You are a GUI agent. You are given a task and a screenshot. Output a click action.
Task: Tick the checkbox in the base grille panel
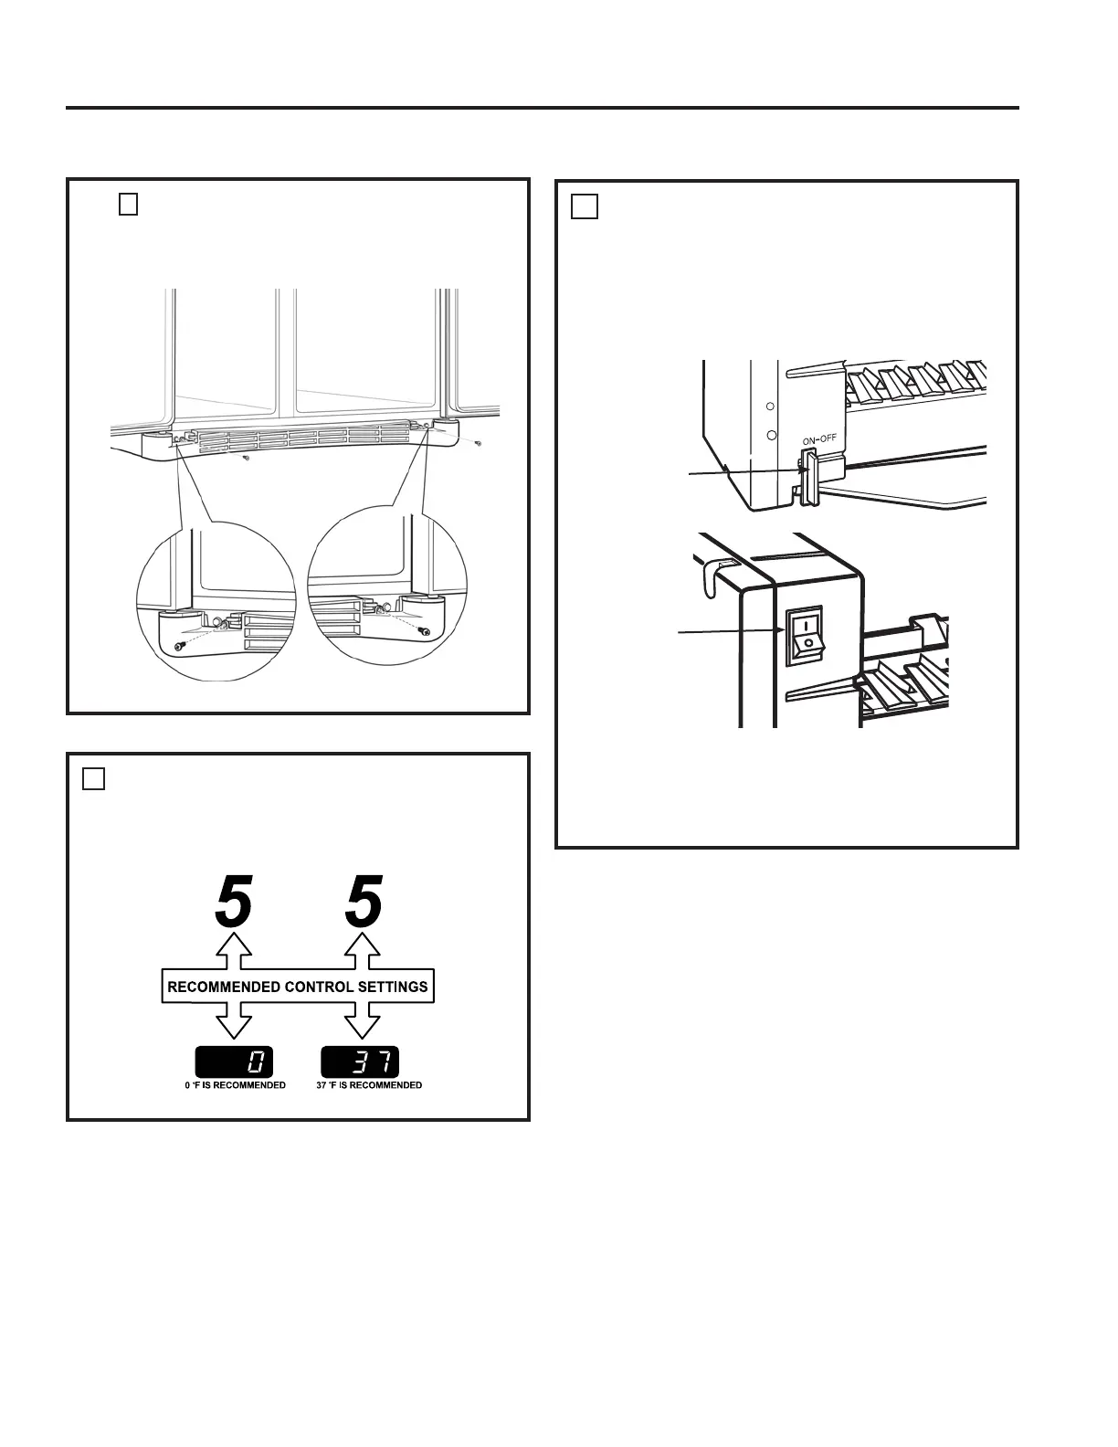tap(128, 205)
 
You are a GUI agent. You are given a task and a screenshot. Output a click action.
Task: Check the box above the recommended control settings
tap(94, 778)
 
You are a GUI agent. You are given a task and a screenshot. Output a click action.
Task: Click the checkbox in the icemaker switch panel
tap(585, 207)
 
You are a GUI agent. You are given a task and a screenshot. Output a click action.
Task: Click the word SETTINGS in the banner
tap(395, 987)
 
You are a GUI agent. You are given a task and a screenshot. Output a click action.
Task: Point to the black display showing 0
tap(234, 1062)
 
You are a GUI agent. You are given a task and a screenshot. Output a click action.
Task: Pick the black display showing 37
tap(360, 1062)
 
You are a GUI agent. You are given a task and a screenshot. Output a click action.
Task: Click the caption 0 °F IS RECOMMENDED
tap(235, 1085)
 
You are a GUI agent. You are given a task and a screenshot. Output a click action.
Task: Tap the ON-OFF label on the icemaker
tap(819, 439)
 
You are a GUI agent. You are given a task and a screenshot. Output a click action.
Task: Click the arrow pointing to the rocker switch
tap(731, 631)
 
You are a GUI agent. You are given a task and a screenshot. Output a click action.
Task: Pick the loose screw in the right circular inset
tap(423, 631)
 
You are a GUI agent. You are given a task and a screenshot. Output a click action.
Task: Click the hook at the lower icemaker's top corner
tap(712, 575)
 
